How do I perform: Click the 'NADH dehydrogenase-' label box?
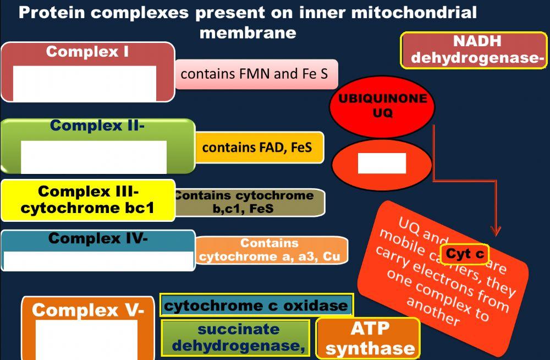474,50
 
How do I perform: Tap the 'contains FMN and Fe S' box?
256,74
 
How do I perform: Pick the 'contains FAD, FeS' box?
259,148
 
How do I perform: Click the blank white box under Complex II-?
94,156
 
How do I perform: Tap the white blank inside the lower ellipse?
382,163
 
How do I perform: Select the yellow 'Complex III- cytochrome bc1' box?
88,200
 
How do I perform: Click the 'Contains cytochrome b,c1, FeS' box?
249,203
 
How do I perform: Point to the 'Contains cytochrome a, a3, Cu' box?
271,250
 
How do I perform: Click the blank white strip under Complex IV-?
98,260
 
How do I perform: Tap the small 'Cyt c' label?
464,254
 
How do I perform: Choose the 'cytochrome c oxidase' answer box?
256,306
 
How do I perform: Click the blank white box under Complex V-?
86,340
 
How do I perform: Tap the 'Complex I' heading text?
87,52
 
